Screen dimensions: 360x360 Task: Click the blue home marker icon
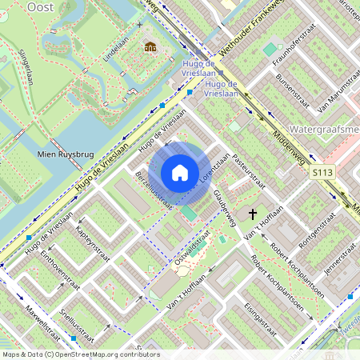pos(180,173)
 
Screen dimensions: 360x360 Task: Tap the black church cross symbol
pos(254,214)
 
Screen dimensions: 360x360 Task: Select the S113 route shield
pos(323,172)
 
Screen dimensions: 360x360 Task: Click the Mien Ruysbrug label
pos(62,155)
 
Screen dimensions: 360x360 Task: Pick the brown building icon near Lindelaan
pos(150,46)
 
